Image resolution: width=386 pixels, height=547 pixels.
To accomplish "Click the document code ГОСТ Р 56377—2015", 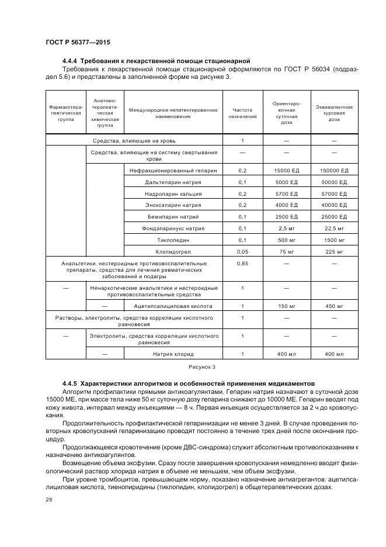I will coord(78,43).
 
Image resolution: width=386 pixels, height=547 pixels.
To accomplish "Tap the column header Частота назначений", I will coord(242,112).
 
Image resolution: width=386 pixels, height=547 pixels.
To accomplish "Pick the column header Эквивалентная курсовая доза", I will coord(333,112).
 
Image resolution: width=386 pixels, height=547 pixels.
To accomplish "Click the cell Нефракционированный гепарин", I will coord(172,170).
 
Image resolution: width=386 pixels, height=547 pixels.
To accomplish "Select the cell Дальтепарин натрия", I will coord(172,182).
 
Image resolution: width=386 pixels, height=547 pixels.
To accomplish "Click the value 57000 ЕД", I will coord(333,193).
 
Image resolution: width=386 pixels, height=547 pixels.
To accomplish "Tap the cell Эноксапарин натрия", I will coord(172,205).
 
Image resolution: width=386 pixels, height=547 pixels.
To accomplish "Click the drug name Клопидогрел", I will coord(172,251).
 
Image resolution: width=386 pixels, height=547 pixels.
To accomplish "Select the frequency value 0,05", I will coord(242,251).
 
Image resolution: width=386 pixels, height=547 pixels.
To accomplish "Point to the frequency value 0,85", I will coord(242,264).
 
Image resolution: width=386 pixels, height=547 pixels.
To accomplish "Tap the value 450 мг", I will coord(333,306).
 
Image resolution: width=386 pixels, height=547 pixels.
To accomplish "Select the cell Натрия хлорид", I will coord(172,354).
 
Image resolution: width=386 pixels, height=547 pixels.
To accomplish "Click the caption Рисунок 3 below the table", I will coord(201,367).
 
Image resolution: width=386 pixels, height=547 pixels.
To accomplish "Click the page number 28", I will coord(48,499).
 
